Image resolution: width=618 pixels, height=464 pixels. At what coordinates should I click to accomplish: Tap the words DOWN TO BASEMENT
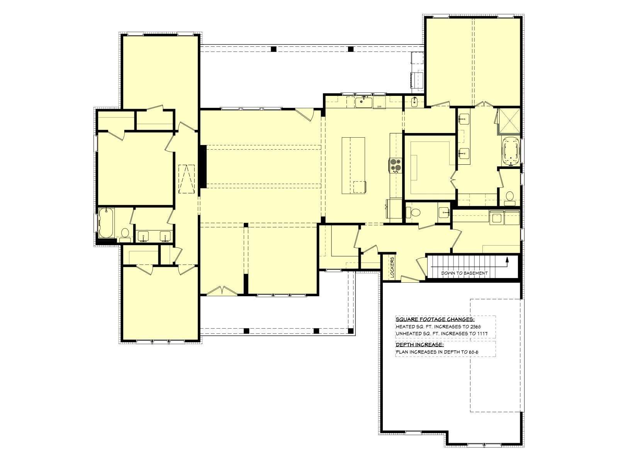point(464,273)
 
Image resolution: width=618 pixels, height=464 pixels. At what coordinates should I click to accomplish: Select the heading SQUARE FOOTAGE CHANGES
point(435,319)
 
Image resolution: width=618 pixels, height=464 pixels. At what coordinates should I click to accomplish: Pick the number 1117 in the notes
point(482,334)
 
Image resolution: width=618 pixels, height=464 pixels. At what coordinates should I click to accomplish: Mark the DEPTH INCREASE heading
point(420,345)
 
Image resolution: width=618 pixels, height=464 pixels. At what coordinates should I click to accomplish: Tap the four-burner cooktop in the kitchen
point(396,165)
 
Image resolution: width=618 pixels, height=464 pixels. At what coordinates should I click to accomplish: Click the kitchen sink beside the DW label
point(363,102)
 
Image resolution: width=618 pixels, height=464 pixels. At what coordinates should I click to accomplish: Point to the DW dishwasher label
point(379,106)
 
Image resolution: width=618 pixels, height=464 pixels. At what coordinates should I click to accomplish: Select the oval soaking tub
point(511,152)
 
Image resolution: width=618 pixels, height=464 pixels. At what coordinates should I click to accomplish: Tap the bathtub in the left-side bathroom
point(106,223)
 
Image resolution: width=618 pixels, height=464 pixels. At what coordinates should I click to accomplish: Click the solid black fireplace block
point(203,167)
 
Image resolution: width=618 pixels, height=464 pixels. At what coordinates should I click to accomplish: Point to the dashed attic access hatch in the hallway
point(187,179)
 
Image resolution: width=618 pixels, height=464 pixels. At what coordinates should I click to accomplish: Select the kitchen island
point(354,165)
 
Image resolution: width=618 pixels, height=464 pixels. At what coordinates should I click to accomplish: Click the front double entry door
point(222,291)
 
